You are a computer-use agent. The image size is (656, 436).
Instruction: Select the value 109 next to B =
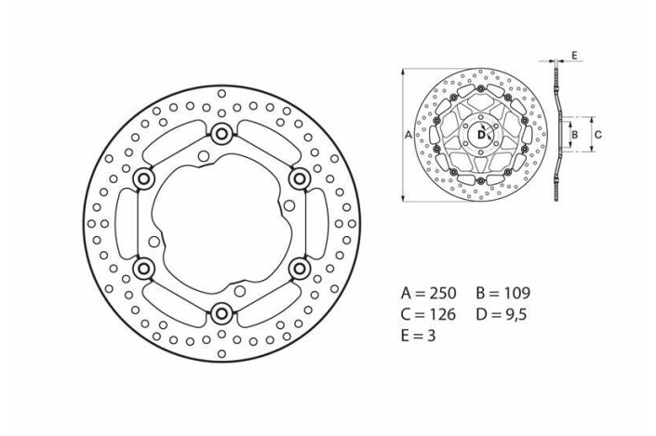tap(515, 293)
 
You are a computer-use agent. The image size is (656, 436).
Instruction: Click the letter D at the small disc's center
tap(480, 135)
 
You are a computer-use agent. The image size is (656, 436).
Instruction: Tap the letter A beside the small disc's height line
tap(409, 135)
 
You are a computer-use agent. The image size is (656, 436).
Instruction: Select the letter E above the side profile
tap(574, 56)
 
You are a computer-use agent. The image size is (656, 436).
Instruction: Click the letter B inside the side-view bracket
tap(575, 135)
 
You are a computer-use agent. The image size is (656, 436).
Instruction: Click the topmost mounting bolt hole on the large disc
tap(221, 134)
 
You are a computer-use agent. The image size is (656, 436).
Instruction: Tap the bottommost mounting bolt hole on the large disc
tap(221, 313)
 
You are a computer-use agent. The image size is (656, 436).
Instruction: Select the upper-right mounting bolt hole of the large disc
tap(300, 178)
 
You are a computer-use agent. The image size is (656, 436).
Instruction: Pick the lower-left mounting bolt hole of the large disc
tap(143, 269)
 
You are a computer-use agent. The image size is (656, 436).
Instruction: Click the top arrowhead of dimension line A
tap(402, 72)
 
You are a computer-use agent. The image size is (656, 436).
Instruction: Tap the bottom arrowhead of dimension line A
tap(402, 198)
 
